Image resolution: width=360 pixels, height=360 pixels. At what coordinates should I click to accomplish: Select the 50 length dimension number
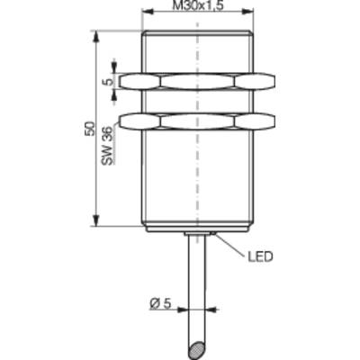(87, 128)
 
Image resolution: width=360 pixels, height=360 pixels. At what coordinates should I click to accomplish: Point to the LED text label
(260, 256)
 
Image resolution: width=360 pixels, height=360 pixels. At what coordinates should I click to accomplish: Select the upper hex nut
(196, 82)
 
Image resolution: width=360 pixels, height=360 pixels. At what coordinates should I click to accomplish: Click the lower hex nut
(196, 120)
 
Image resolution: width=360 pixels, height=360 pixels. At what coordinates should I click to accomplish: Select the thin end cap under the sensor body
(196, 229)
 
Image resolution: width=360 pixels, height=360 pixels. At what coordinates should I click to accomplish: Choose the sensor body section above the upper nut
(196, 51)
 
